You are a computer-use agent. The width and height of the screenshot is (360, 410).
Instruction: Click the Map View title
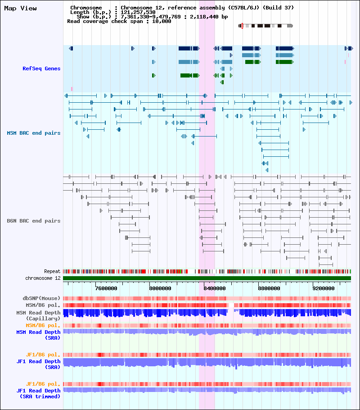click(x=20, y=9)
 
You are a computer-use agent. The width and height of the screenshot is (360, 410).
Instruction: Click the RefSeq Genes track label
click(x=41, y=68)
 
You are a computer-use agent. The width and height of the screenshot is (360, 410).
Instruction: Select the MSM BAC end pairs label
click(x=33, y=133)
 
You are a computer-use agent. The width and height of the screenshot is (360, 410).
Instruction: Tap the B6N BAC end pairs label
click(x=33, y=221)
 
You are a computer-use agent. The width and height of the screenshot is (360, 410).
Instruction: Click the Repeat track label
click(x=52, y=271)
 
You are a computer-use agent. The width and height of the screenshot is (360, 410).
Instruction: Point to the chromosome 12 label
click(x=43, y=278)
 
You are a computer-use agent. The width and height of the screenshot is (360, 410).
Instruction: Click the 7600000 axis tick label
click(x=106, y=288)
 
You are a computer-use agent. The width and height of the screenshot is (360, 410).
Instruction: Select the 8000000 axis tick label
click(x=160, y=288)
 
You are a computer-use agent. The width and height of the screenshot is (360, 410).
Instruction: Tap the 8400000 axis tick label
click(x=215, y=288)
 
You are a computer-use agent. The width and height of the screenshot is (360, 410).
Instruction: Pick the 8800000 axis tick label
click(x=269, y=288)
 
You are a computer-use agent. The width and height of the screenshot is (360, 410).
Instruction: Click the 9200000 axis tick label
click(x=324, y=288)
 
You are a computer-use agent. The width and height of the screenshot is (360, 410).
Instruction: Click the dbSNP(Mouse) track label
click(x=41, y=298)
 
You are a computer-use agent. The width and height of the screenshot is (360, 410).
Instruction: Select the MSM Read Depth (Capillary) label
click(x=38, y=315)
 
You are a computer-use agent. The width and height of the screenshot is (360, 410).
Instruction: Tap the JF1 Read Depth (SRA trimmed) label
click(x=38, y=393)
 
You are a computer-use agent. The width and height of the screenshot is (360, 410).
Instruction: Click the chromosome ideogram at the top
click(x=265, y=26)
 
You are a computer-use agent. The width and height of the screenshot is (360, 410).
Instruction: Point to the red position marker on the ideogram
click(x=242, y=26)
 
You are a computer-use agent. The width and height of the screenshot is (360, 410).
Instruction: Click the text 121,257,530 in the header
click(x=138, y=12)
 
